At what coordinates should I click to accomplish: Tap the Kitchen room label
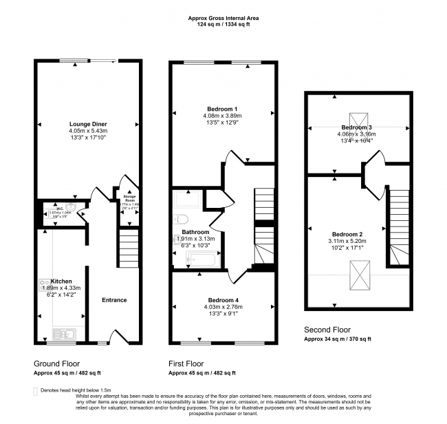pos(61,282)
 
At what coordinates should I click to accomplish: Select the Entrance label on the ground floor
pos(114,300)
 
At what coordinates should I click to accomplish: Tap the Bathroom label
pos(195,232)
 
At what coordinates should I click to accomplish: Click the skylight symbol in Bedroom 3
pos(358,120)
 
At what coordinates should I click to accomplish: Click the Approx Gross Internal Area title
pos(223,18)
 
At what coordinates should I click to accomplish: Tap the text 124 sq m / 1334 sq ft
pos(223,25)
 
